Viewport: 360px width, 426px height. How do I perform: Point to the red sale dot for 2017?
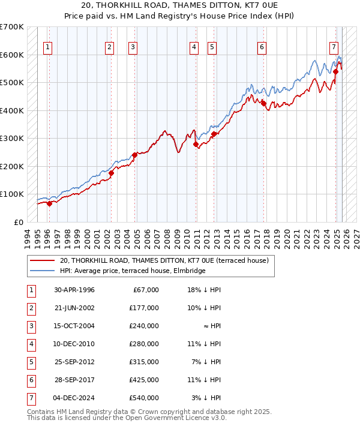263,103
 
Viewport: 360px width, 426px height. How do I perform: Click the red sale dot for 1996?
49,203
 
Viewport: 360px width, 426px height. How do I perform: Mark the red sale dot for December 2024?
335,71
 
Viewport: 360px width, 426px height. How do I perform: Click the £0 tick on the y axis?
18,222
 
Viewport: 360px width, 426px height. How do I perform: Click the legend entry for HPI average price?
133,271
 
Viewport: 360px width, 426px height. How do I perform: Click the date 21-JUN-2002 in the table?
74,308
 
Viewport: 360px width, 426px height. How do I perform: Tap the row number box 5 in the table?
31,362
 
